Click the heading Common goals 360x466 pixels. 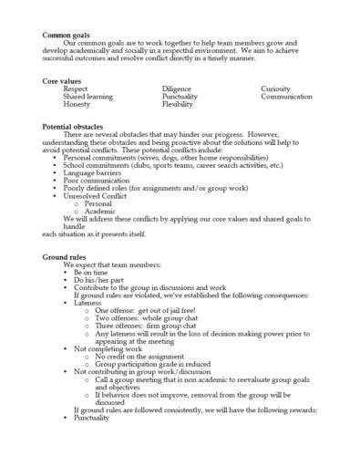pyautogui.click(x=63, y=35)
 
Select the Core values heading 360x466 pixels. pyautogui.click(x=60, y=81)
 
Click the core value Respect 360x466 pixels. pyautogui.click(x=76, y=88)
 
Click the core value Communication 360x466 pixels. pyautogui.click(x=286, y=97)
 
